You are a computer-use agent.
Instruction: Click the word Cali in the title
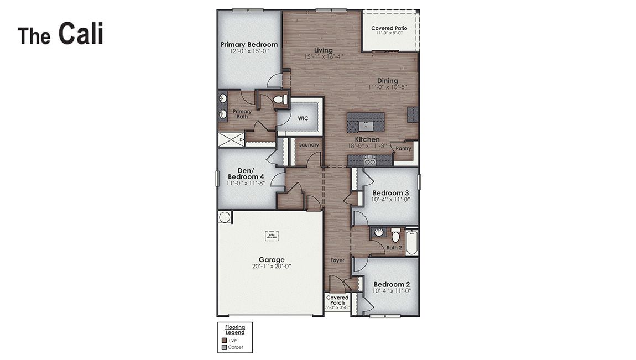81,34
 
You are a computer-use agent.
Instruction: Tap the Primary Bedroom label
249,45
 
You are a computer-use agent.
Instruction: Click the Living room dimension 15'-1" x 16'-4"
324,56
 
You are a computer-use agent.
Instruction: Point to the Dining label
388,81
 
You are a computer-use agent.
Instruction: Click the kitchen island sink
365,125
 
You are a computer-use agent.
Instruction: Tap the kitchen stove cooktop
370,160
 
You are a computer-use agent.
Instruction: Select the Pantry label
403,148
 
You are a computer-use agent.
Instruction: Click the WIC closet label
303,118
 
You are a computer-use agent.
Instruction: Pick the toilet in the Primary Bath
280,100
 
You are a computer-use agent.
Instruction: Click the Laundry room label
309,145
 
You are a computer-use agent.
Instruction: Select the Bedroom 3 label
390,193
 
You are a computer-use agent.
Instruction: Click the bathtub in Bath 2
411,242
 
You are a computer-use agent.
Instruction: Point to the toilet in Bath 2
395,236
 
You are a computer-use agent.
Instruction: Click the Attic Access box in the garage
271,236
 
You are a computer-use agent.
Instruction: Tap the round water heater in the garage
225,217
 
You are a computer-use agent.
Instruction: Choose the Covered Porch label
337,300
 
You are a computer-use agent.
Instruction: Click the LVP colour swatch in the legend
224,341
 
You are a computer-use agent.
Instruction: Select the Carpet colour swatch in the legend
224,348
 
